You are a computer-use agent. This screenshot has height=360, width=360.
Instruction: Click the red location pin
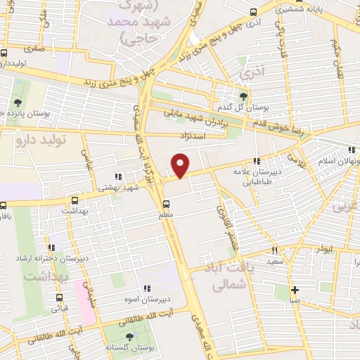[x=181, y=166]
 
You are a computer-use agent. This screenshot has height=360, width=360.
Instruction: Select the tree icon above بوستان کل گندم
[x=244, y=96]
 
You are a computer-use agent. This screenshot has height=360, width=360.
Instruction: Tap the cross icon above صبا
[x=295, y=290]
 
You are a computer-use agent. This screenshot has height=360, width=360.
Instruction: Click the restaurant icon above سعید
[x=275, y=250]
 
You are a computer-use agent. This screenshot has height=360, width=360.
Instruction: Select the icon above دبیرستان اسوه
[x=147, y=288]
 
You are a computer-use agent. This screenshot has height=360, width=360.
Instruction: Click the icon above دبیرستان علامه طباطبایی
[x=258, y=161]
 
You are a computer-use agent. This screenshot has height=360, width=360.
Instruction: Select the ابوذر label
[x=324, y=249]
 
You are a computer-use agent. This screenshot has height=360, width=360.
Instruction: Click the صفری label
[x=32, y=50]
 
